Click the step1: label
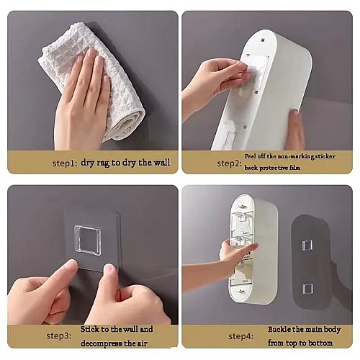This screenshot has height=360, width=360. pyautogui.click(x=65, y=163)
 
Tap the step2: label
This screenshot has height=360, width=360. pyautogui.click(x=229, y=163)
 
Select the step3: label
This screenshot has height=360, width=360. pyautogui.click(x=59, y=336)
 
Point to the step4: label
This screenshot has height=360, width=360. pyautogui.click(x=240, y=336)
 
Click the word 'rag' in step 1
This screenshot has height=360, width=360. pyautogui.click(x=103, y=163)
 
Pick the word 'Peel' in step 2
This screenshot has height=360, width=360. pyautogui.click(x=250, y=156)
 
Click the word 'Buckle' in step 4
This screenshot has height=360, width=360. pyautogui.click(x=279, y=329)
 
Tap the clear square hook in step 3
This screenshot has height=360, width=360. pyautogui.click(x=88, y=240)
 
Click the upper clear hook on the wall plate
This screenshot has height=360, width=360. pyautogui.click(x=307, y=245)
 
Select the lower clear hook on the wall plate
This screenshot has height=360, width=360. pyautogui.click(x=307, y=289)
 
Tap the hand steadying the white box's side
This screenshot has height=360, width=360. pyautogui.click(x=294, y=130)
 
